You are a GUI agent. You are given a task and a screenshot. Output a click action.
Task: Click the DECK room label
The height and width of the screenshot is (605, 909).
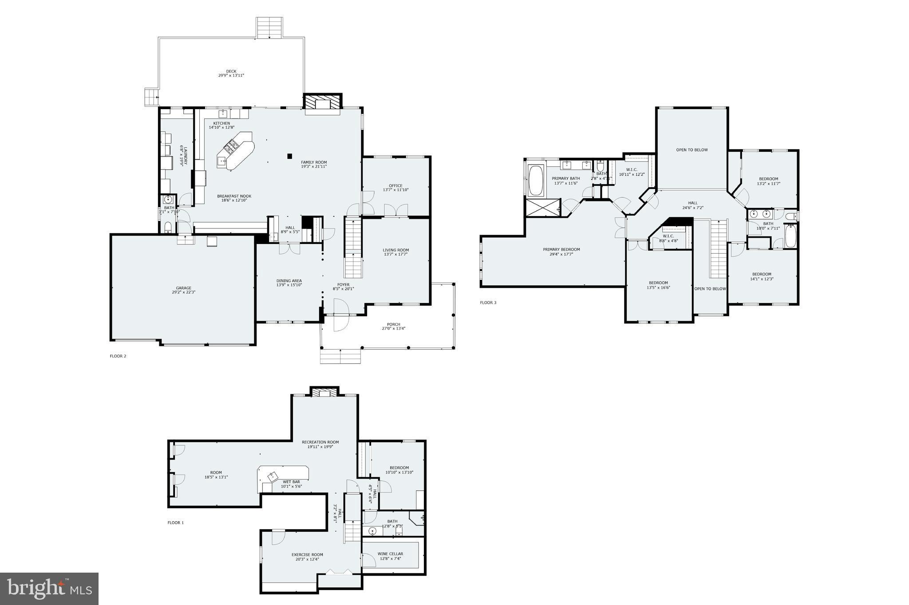click(231, 71)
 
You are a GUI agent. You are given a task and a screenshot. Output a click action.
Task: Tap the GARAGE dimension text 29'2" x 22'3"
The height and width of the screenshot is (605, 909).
click(184, 292)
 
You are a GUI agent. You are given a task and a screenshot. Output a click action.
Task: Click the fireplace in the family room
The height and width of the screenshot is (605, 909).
click(323, 104)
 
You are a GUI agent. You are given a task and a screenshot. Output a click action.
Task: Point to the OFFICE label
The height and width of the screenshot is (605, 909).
click(395, 186)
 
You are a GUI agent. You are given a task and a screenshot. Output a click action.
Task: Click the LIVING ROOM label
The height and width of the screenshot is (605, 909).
click(395, 250)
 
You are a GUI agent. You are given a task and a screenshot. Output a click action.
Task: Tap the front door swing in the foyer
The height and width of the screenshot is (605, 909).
click(341, 315)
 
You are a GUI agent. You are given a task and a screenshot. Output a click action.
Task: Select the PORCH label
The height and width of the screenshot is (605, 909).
click(393, 324)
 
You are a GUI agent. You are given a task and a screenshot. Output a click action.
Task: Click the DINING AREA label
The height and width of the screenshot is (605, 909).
click(289, 281)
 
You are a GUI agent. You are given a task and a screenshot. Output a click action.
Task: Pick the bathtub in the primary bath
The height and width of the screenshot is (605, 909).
click(536, 180)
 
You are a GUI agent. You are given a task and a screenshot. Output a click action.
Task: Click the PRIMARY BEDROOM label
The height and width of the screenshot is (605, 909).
click(561, 249)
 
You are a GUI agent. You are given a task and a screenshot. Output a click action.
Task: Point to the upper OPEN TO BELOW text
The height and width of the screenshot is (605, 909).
click(692, 150)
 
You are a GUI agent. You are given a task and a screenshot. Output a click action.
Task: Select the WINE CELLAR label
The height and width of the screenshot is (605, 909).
click(390, 554)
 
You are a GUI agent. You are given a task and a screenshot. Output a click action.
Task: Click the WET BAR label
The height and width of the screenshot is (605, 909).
click(291, 482)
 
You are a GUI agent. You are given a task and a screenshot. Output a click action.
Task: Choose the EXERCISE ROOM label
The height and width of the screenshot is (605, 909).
click(307, 554)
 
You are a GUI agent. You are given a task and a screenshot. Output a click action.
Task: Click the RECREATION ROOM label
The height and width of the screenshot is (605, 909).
click(320, 442)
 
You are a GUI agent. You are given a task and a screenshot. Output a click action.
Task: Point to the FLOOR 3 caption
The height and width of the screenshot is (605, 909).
click(488, 303)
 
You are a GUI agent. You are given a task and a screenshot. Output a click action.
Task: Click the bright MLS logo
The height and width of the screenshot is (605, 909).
click(49, 589)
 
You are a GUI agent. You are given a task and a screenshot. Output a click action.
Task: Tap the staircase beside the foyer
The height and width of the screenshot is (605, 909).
click(354, 247)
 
